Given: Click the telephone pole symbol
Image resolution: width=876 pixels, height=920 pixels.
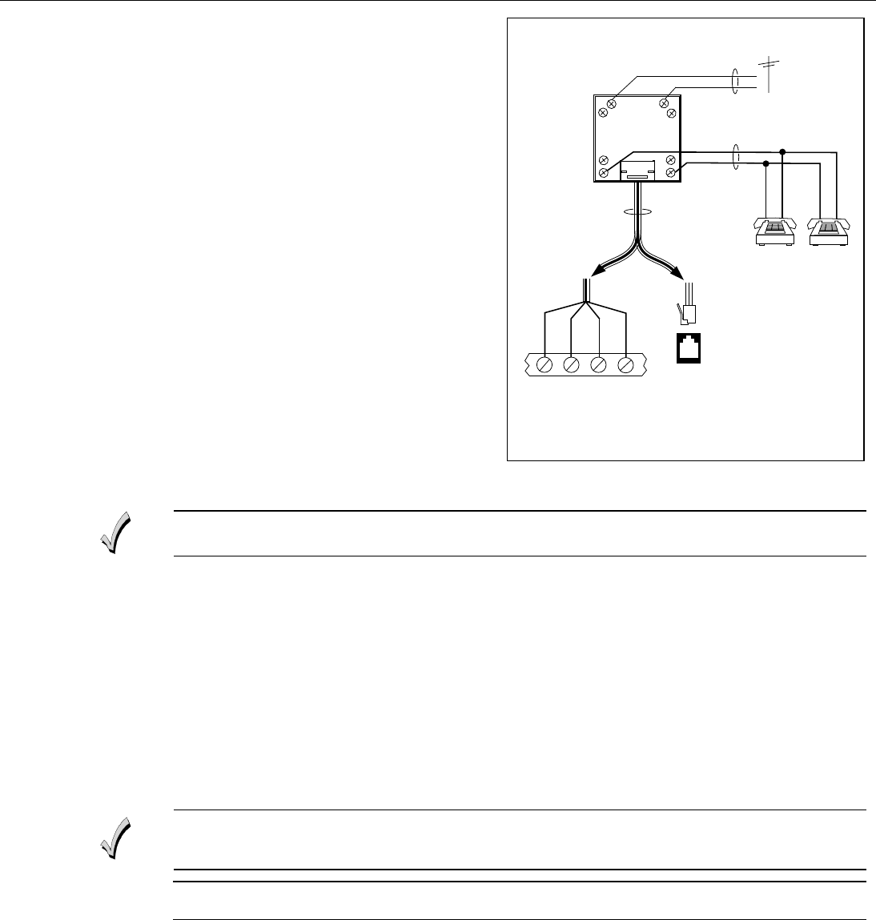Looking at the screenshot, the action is click(770, 76).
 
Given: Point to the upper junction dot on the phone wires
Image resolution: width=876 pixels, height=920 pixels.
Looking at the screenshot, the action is click(783, 151).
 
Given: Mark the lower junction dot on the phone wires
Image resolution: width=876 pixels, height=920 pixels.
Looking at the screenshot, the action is click(766, 163).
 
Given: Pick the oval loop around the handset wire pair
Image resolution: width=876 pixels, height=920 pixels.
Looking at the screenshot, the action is click(734, 157).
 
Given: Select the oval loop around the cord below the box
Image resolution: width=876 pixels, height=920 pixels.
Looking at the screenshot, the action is click(637, 212).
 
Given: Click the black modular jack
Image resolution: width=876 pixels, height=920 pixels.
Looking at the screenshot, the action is click(687, 348).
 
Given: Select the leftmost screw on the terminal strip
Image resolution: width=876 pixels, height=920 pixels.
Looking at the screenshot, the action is click(544, 365).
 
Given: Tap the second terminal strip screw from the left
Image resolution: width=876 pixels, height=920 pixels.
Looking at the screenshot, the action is click(572, 365).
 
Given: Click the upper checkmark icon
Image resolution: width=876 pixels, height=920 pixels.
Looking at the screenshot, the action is click(115, 532).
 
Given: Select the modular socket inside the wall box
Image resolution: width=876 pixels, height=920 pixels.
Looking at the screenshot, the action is click(637, 169).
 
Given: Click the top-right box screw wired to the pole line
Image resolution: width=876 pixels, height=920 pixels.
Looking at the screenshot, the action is click(664, 102).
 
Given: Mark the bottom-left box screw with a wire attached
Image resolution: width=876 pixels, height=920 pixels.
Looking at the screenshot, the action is click(605, 172).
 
